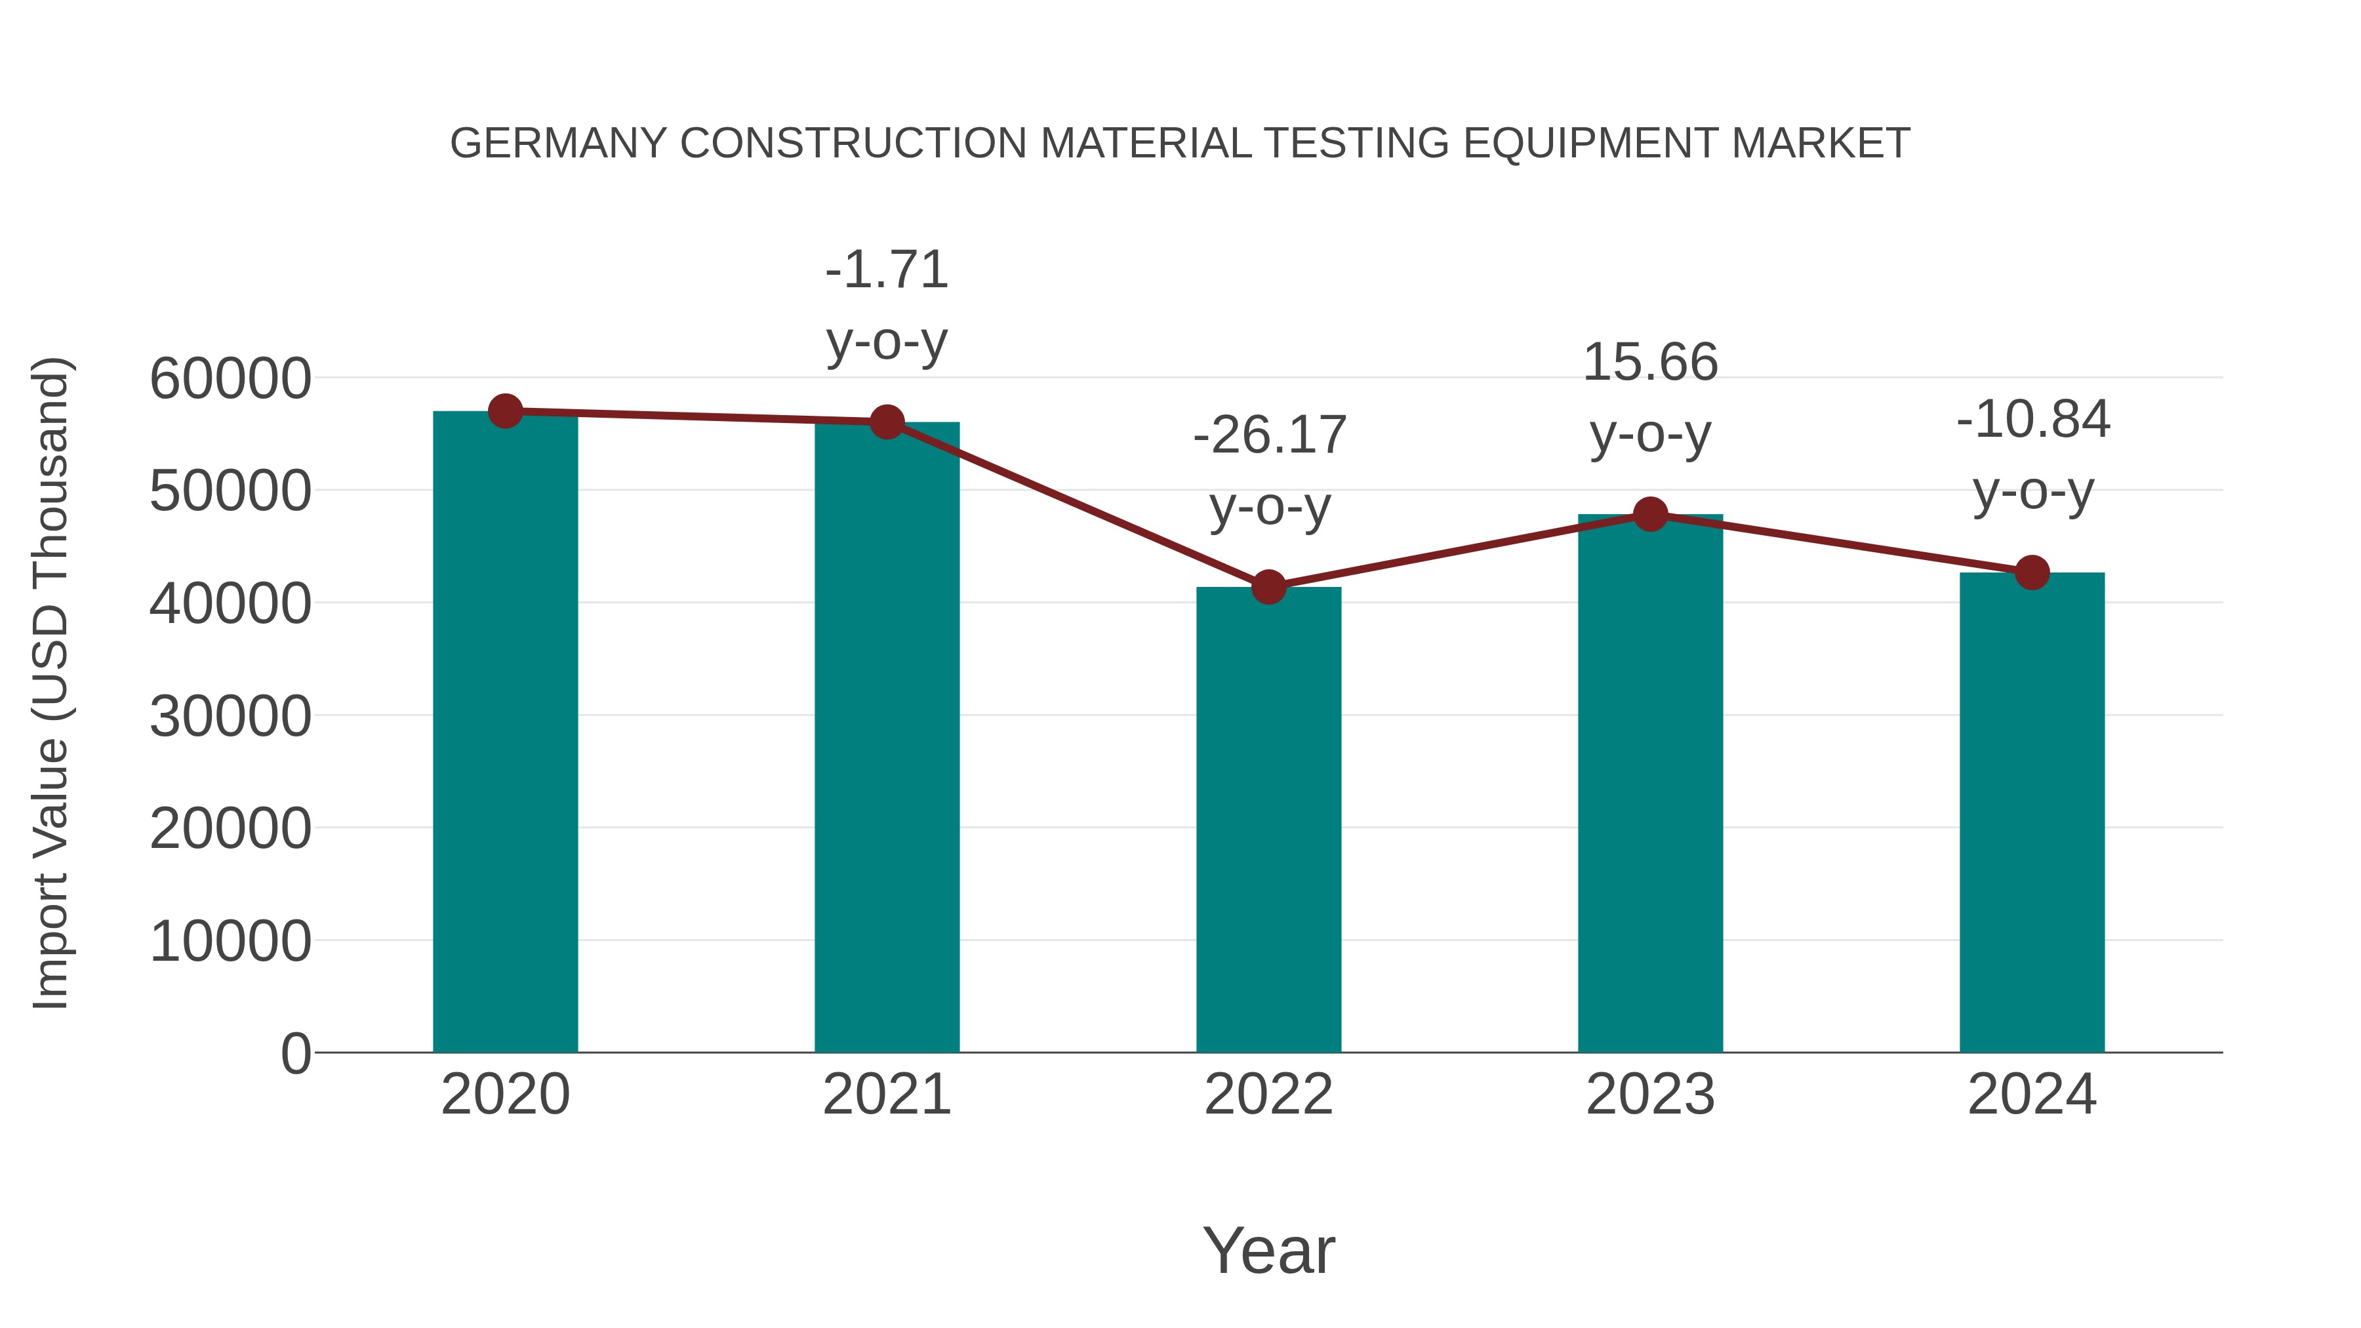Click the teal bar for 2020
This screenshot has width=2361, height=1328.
(x=505, y=733)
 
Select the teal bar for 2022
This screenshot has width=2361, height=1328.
(x=1268, y=820)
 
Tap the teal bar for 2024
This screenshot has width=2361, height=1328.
(x=2032, y=813)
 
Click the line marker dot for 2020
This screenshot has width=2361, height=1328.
(x=505, y=411)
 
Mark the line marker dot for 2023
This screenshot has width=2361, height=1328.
(x=1651, y=514)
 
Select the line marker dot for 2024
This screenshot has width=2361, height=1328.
(x=2032, y=573)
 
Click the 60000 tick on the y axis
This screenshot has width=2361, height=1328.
(x=230, y=378)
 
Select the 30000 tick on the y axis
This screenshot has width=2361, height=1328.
(x=230, y=715)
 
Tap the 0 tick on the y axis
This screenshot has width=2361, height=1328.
(x=296, y=1053)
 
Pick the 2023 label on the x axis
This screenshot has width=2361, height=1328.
(x=1651, y=1095)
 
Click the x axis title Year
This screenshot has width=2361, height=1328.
(x=1268, y=1250)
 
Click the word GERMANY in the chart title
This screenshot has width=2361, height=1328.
(x=558, y=144)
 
